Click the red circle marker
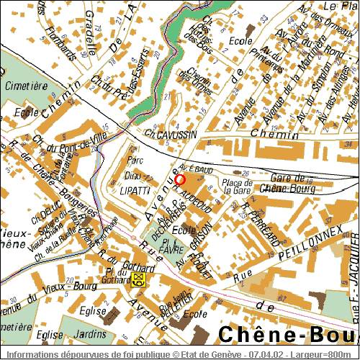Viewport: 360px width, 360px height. point(180,179)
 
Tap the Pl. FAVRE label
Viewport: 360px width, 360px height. point(170,247)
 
